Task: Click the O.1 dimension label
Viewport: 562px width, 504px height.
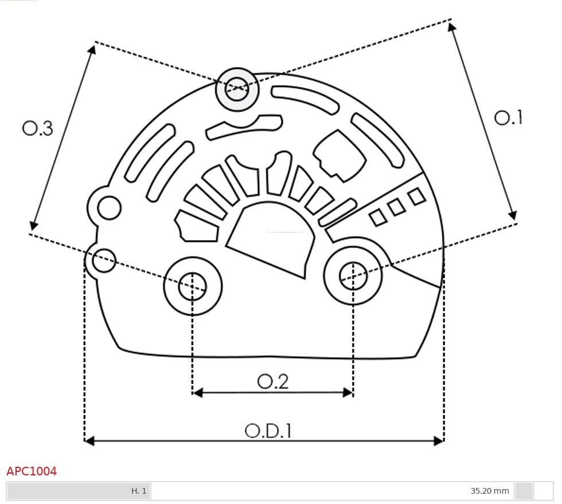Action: click(x=509, y=117)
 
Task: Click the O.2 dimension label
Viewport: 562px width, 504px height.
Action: click(x=273, y=381)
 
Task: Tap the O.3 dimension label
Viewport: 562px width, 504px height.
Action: click(x=38, y=128)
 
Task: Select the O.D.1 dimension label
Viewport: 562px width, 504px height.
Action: click(x=268, y=430)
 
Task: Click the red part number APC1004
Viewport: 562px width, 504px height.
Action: click(x=32, y=471)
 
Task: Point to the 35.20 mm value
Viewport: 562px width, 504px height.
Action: click(x=490, y=491)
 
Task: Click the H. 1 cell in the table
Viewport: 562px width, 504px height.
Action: click(x=139, y=491)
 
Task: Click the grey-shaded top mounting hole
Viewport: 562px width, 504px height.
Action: click(x=237, y=89)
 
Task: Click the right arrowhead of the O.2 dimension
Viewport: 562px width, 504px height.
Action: click(x=348, y=392)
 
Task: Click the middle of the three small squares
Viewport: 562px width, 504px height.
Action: click(x=397, y=207)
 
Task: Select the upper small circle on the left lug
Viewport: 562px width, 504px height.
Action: click(x=109, y=208)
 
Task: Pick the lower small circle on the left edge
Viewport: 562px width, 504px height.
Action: click(x=104, y=261)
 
